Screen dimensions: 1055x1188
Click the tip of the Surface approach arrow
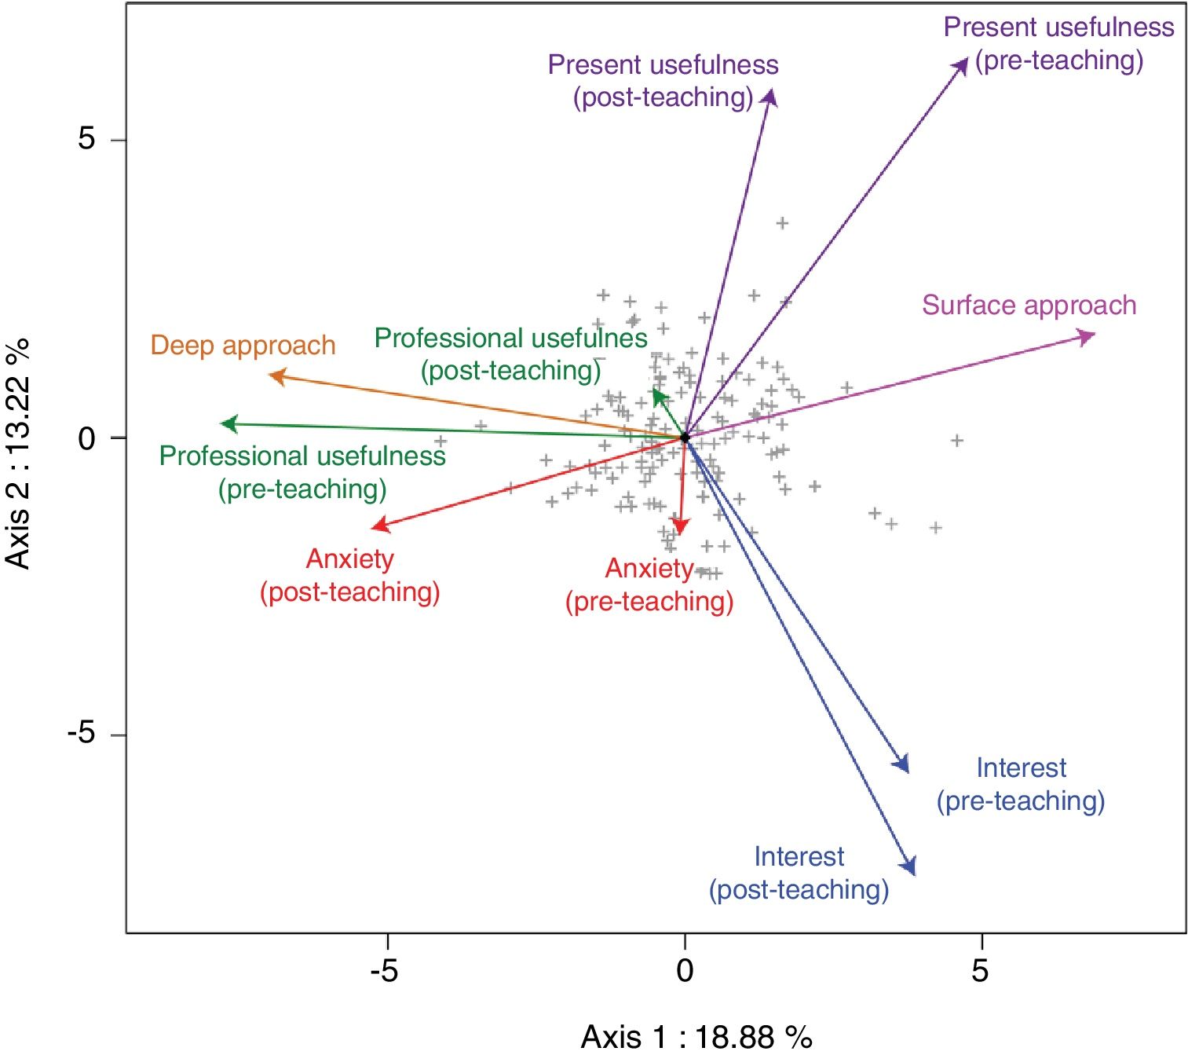click(x=1092, y=336)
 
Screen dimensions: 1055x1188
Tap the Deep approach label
click(x=243, y=346)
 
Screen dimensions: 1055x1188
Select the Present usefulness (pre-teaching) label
click(x=1058, y=43)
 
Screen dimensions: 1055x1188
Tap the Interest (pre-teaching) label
click(x=1021, y=784)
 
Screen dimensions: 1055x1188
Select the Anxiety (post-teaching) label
click(x=350, y=575)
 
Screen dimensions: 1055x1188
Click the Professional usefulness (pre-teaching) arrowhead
click(x=225, y=424)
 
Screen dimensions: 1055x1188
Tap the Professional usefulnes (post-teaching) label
click(x=511, y=353)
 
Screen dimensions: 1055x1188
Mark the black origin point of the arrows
click(x=685, y=438)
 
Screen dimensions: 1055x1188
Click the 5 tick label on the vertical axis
click(x=87, y=139)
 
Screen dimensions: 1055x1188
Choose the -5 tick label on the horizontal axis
click(x=384, y=971)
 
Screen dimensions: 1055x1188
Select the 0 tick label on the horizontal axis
click(x=685, y=971)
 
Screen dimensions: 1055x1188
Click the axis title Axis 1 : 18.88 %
click(x=696, y=1037)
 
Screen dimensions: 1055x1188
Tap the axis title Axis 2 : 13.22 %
click(x=17, y=453)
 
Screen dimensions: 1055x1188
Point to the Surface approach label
click(x=1029, y=305)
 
